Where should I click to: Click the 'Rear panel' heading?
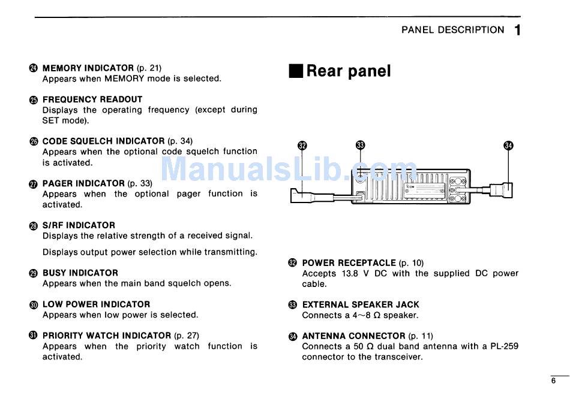point(349,71)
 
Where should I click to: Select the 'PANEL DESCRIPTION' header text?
point(453,30)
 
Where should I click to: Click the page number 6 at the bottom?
point(554,381)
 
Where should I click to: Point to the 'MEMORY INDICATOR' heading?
point(88,68)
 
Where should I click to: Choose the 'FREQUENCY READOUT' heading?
point(92,99)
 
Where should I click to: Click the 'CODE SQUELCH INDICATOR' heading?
point(103,141)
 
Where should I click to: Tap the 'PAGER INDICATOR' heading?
point(83,183)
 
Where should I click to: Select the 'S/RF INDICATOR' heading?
point(79,225)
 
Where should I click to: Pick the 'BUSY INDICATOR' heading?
point(80,273)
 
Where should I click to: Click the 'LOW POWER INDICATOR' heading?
point(96,304)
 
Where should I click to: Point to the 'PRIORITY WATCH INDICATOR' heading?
point(107,335)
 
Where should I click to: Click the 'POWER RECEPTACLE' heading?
point(349,263)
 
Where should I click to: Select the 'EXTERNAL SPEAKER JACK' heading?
point(361,305)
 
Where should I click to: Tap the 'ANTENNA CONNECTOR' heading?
point(353,336)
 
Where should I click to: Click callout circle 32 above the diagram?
point(302,145)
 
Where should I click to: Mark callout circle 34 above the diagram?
point(509,145)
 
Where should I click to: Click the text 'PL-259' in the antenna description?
point(505,346)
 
